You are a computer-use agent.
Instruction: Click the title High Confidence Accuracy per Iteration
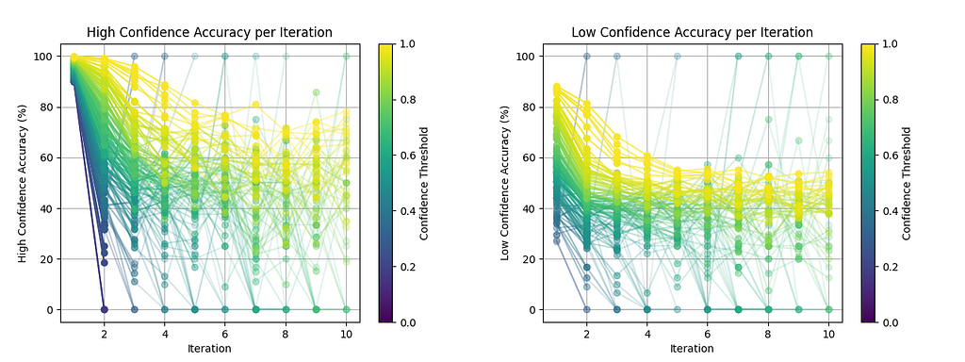(210, 32)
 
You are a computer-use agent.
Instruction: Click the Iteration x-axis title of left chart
(210, 349)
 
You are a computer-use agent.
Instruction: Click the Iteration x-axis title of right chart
(693, 349)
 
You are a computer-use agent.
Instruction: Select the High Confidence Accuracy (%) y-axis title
(23, 183)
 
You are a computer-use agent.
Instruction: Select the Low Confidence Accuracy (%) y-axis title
(505, 183)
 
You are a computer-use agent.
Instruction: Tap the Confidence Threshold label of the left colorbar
(425, 183)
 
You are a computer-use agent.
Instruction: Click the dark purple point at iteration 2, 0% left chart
(104, 309)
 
